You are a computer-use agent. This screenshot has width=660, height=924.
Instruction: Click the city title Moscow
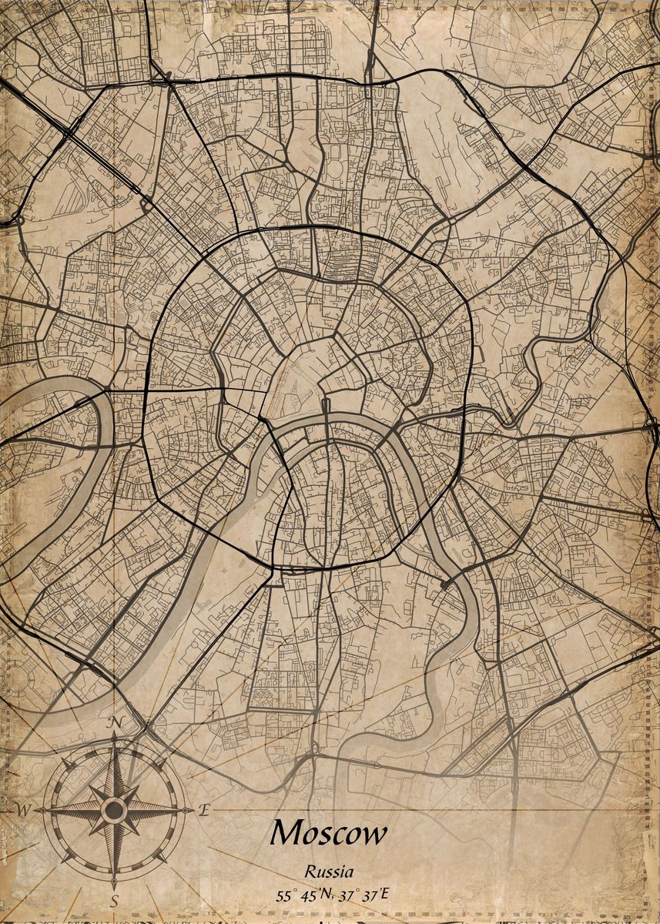click(329, 833)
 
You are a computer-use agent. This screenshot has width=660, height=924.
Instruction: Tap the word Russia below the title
click(329, 872)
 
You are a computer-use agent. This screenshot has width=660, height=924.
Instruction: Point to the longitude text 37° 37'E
click(364, 895)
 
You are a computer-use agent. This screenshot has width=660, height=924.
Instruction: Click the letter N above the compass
click(116, 721)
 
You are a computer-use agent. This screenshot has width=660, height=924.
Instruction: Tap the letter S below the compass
click(114, 900)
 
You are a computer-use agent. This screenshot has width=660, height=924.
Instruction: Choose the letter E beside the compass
click(204, 809)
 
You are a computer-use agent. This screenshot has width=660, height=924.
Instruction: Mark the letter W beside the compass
click(22, 810)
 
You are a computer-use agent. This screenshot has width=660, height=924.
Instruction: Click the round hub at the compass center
click(114, 810)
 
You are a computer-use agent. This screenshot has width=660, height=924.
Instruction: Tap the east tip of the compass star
click(190, 810)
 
